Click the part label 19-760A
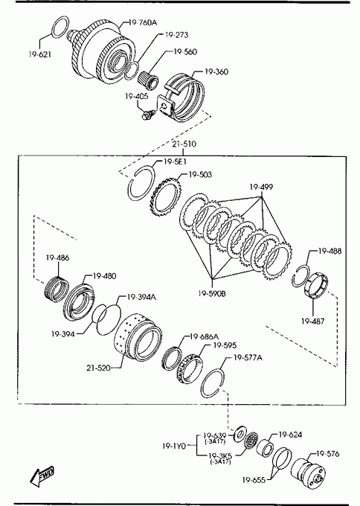click(143, 22)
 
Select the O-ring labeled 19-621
click(53, 28)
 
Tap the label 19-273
click(176, 35)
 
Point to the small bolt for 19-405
click(147, 115)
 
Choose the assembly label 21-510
click(184, 144)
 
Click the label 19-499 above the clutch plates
click(261, 188)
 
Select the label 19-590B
click(212, 293)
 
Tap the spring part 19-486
click(56, 289)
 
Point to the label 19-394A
click(141, 297)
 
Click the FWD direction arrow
click(42, 476)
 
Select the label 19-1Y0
click(174, 446)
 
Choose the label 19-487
click(313, 321)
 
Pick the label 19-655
click(254, 480)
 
